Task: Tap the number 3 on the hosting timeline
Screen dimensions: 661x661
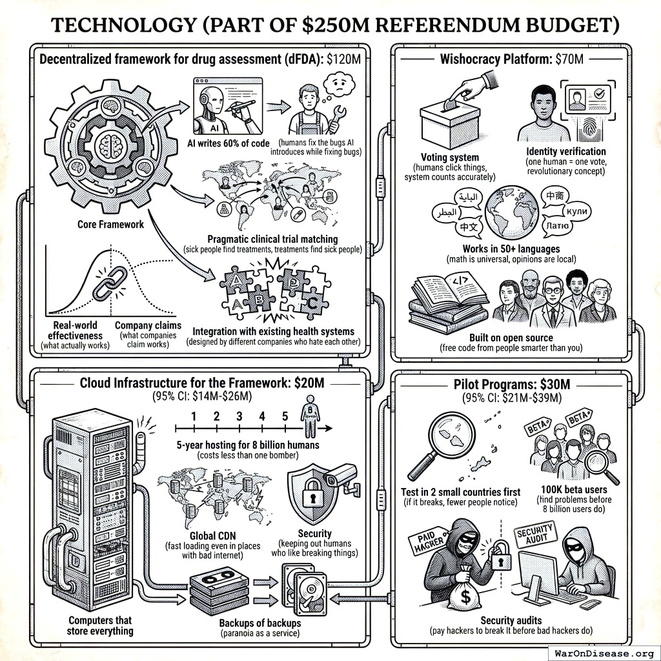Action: point(239,416)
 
